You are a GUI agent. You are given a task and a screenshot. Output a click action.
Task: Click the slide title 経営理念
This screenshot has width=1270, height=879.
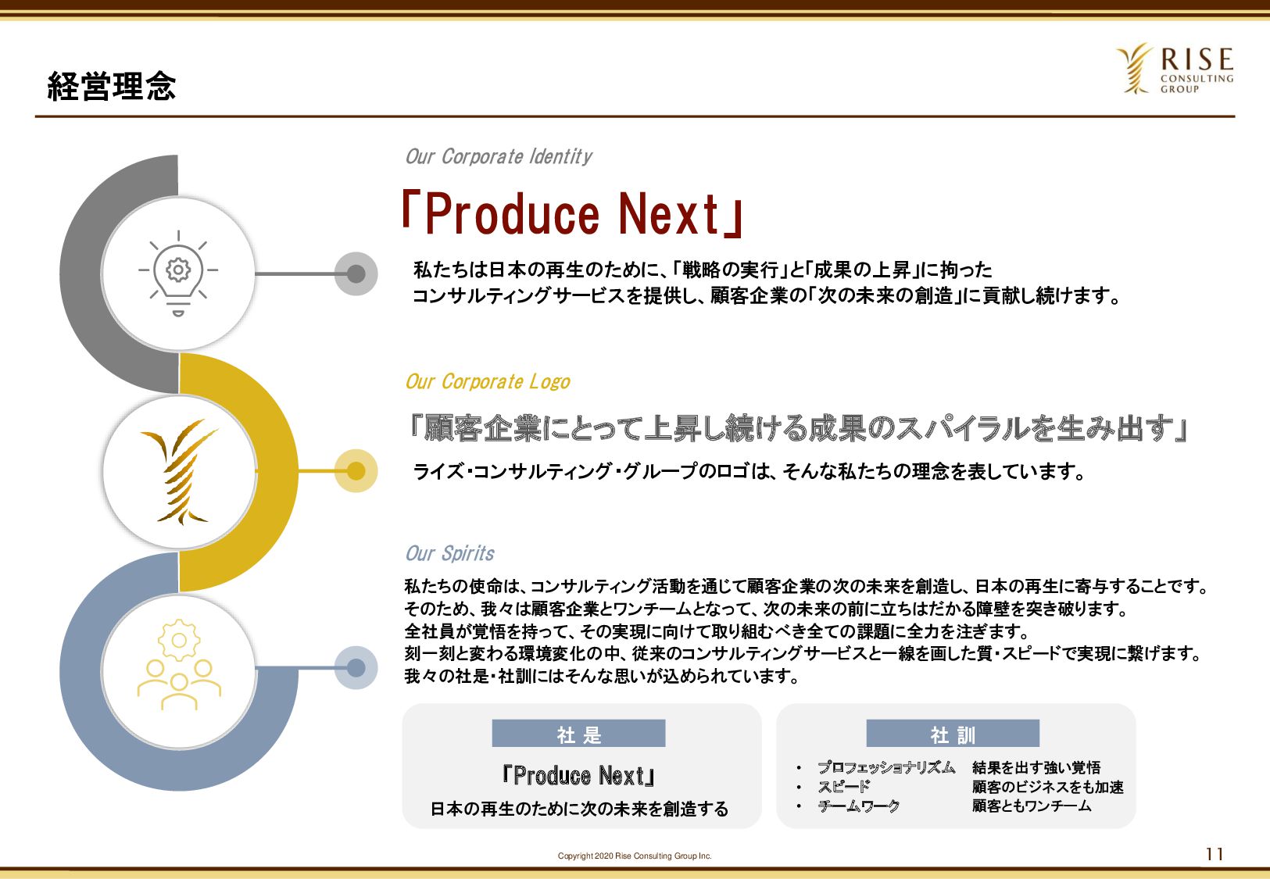click(x=112, y=86)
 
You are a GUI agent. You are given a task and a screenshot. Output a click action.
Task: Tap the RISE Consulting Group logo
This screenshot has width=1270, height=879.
click(x=1175, y=69)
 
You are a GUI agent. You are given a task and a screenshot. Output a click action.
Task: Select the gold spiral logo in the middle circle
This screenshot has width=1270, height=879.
click(x=179, y=471)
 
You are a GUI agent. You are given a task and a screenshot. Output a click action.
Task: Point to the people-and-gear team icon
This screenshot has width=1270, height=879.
click(x=179, y=664)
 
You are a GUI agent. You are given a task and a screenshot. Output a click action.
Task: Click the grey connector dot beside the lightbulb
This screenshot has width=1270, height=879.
click(x=356, y=273)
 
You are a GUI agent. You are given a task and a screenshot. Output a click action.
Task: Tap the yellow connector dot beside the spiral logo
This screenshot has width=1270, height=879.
click(x=356, y=471)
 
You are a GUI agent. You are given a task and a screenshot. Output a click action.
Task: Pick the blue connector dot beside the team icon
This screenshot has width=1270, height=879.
click(x=356, y=667)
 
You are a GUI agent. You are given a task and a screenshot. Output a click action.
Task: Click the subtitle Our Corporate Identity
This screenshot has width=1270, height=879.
click(x=499, y=156)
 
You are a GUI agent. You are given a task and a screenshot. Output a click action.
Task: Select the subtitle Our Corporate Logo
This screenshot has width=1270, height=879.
click(x=488, y=381)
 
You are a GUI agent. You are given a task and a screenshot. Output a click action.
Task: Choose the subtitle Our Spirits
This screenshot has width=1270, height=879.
click(x=449, y=553)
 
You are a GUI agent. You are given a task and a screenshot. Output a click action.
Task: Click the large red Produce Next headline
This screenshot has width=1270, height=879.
click(x=573, y=213)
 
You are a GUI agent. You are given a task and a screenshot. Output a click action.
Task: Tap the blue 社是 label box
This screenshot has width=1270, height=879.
click(x=578, y=734)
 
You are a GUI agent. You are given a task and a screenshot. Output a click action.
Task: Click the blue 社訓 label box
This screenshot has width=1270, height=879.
click(x=953, y=734)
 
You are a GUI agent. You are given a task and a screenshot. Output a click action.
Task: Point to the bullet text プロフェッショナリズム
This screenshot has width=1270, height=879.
click(x=886, y=767)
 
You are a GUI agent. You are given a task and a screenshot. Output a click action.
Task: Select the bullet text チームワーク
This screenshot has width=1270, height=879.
click(x=859, y=806)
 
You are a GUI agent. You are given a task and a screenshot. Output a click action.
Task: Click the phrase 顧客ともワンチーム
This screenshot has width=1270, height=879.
click(x=1032, y=806)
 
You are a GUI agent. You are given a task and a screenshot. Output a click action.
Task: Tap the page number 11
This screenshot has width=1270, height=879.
click(x=1215, y=854)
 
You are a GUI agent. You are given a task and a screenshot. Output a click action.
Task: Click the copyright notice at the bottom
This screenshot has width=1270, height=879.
click(x=635, y=856)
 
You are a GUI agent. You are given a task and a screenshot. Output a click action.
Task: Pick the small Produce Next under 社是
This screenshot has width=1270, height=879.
click(x=579, y=776)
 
